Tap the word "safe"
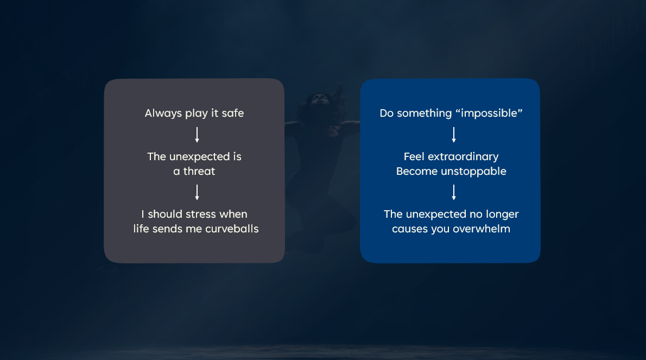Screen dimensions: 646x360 pos(233,113)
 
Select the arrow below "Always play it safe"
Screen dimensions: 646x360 pos(197,135)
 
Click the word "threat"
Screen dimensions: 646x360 pos(199,171)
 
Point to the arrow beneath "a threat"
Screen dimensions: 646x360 pos(197,192)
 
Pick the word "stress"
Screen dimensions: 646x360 pos(201,214)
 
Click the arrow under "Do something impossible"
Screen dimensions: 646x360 pos(454,135)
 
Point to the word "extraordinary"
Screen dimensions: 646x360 pos(463,156)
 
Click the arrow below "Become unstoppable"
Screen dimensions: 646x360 pos(454,192)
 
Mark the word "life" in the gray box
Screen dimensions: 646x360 pos(141,229)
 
